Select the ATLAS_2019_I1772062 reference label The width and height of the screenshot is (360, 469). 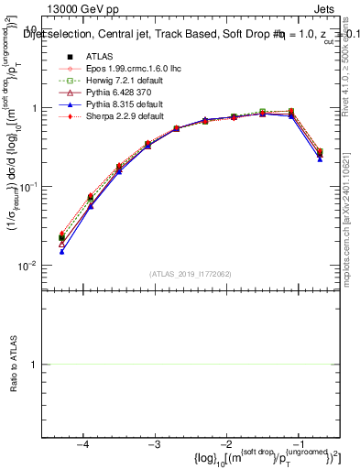point(191,273)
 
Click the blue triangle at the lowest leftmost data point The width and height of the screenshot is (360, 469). point(61,251)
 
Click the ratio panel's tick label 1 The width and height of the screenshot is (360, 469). point(33,365)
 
